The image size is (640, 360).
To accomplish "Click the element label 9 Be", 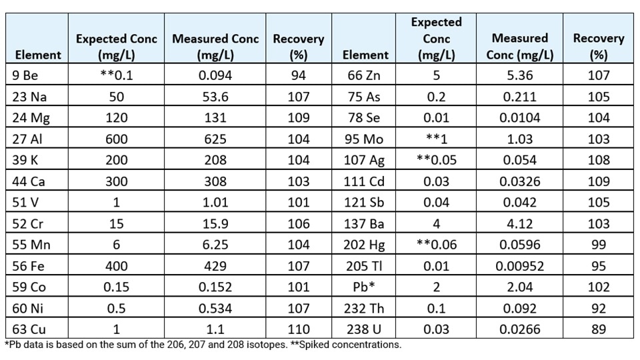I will tap(26, 75).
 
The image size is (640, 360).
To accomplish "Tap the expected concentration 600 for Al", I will tap(116, 139).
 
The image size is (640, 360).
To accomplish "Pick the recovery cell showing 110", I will tap(298, 329).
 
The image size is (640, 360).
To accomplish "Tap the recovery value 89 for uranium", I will tap(598, 329).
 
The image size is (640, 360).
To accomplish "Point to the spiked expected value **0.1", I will tap(116, 75).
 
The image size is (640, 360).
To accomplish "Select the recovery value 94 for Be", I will tap(298, 75).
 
